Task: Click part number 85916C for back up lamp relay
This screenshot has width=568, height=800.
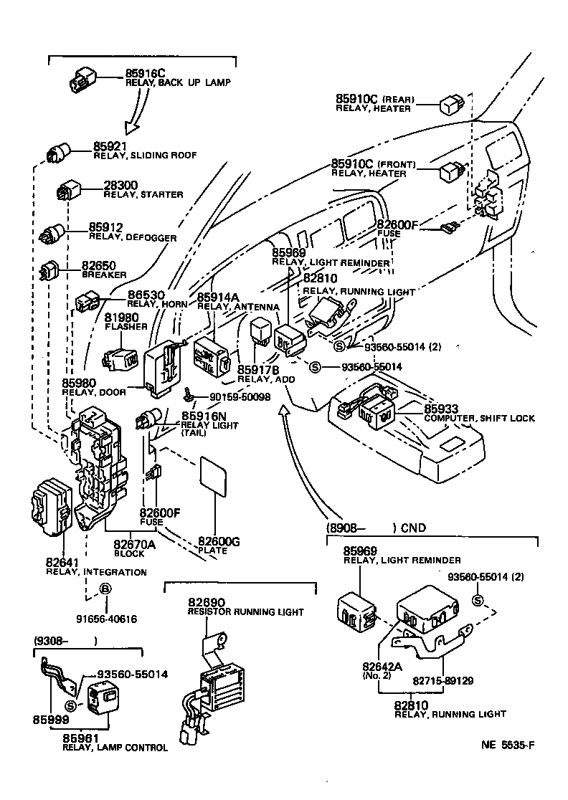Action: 146,73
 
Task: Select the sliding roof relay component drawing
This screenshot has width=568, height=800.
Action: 58,153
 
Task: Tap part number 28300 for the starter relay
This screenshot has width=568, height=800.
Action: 121,185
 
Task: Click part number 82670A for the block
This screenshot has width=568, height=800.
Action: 135,543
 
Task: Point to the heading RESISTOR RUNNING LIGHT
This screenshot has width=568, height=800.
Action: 245,612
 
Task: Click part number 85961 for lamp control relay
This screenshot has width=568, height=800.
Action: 80,738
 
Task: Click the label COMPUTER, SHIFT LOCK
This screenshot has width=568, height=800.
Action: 479,418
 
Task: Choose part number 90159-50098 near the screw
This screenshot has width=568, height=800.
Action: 240,396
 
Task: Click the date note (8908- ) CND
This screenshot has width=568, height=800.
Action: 376,528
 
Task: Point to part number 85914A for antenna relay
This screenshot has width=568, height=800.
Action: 219,297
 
